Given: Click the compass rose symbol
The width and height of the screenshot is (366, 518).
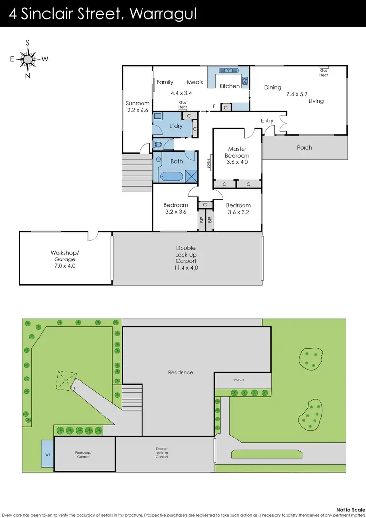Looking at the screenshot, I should tap(28, 59).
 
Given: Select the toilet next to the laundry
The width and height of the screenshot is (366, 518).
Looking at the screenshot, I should tap(158, 144).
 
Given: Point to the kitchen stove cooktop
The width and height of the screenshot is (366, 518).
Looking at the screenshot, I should tap(245, 80).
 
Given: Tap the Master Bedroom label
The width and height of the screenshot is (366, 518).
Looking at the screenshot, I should tap(237, 152).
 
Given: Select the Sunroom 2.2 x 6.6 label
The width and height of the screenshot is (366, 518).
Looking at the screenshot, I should tap(138, 107).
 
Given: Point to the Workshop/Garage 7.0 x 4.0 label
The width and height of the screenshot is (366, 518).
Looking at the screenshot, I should tap(64, 259).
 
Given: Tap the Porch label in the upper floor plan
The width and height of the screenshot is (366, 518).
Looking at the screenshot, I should tap(305, 147).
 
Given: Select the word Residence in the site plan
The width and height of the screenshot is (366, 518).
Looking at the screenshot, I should tap(181, 372).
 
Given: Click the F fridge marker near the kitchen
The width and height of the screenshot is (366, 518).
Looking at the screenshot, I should tap(214, 106).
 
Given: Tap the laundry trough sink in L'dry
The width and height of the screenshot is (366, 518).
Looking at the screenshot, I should tap(159, 117).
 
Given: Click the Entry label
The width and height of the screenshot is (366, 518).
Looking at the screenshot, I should tap(267, 120).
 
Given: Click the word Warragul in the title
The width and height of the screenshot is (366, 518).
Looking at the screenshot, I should tap(163, 14).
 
